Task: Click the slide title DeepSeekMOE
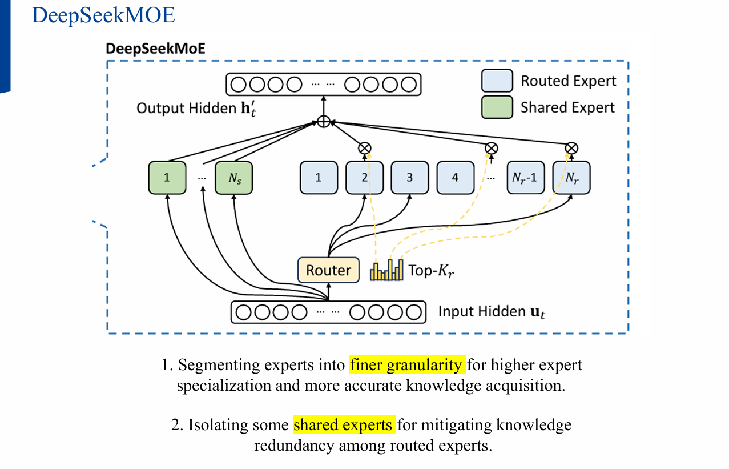click(x=103, y=15)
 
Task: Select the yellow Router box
click(x=328, y=270)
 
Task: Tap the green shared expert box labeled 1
click(x=167, y=178)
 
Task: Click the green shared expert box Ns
click(x=234, y=178)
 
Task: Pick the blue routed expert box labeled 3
click(x=409, y=178)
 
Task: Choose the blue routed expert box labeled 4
click(x=455, y=178)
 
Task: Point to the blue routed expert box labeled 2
click(x=364, y=178)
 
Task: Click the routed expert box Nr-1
click(x=526, y=178)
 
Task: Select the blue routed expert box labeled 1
click(x=319, y=178)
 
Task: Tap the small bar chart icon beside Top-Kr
click(x=386, y=270)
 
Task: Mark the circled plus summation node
click(x=324, y=122)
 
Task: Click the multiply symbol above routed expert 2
click(x=364, y=148)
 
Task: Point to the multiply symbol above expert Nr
click(x=571, y=148)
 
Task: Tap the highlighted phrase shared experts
click(x=344, y=426)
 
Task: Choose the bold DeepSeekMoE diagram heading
click(x=156, y=49)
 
